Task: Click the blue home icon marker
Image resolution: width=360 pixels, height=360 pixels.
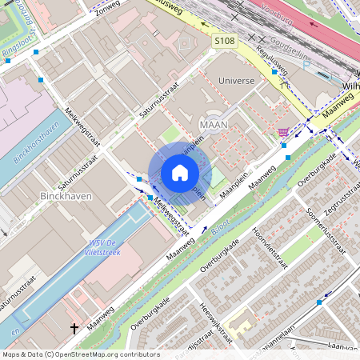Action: coord(180,173)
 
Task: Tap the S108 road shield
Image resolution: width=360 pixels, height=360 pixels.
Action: coord(225,39)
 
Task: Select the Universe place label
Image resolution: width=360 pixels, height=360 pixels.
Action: coord(236,81)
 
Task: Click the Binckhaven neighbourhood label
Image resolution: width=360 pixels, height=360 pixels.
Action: coord(66,195)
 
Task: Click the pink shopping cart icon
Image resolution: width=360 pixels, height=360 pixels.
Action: coord(282,132)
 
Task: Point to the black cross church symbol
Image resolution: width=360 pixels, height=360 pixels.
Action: coord(74,328)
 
